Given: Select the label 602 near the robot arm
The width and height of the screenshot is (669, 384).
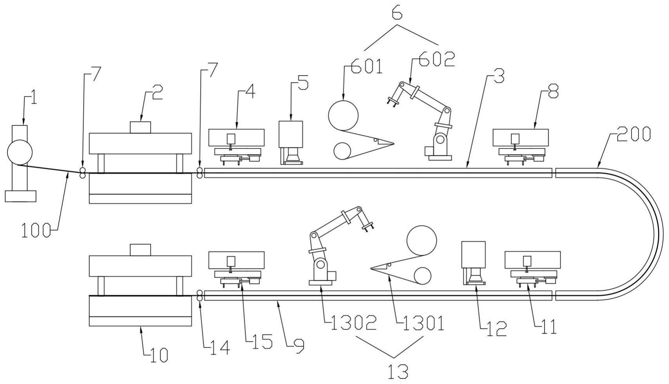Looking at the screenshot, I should pyautogui.click(x=437, y=59).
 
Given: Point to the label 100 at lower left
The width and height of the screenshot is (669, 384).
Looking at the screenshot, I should pyautogui.click(x=36, y=231).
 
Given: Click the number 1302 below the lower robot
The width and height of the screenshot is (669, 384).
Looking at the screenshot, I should pyautogui.click(x=353, y=323).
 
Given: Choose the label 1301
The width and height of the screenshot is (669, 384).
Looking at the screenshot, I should pyautogui.click(x=420, y=323).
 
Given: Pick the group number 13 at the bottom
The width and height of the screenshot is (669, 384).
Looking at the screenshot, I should pyautogui.click(x=398, y=371).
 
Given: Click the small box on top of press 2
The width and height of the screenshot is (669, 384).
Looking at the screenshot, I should pyautogui.click(x=140, y=127).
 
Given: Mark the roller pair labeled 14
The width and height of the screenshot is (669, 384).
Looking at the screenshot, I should pyautogui.click(x=199, y=296).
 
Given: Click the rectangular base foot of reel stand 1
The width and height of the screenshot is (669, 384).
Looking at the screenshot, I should pyautogui.click(x=20, y=196).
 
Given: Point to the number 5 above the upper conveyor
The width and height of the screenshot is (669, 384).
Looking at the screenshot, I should pyautogui.click(x=303, y=83).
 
